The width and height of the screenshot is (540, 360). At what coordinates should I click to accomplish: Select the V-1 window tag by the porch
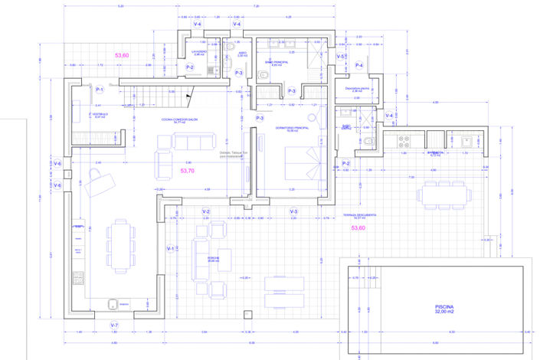171,249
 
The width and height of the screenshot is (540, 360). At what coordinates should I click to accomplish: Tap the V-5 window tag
341,57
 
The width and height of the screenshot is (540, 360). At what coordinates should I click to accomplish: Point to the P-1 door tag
100,90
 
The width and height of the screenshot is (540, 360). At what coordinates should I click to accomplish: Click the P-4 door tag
359,66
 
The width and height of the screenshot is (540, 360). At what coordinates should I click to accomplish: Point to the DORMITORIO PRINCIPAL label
292,129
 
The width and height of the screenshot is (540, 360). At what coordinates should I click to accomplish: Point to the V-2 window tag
206,211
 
